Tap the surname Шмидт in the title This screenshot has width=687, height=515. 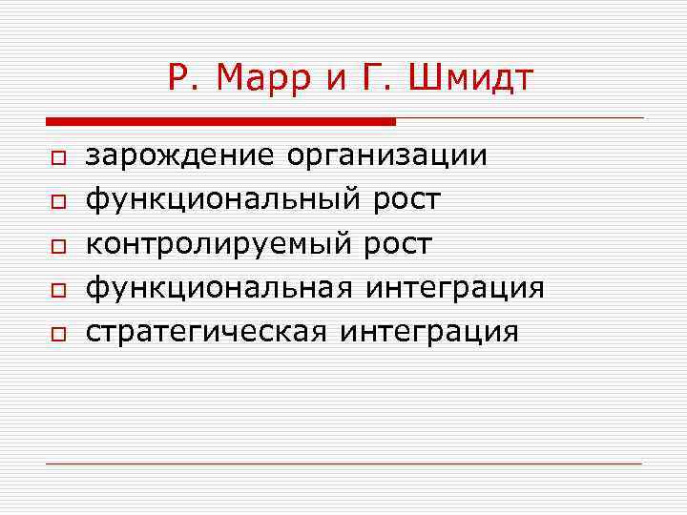pos(471,78)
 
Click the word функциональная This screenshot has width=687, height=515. pos(217,288)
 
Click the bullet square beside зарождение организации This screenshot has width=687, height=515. pos(58,158)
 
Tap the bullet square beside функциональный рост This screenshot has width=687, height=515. pos(58,202)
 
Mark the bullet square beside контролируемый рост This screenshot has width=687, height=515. pos(58,246)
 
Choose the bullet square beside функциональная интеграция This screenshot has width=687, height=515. pos(58,290)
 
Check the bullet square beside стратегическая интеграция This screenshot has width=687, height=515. pos(58,334)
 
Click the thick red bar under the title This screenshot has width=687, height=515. pos(220,122)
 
